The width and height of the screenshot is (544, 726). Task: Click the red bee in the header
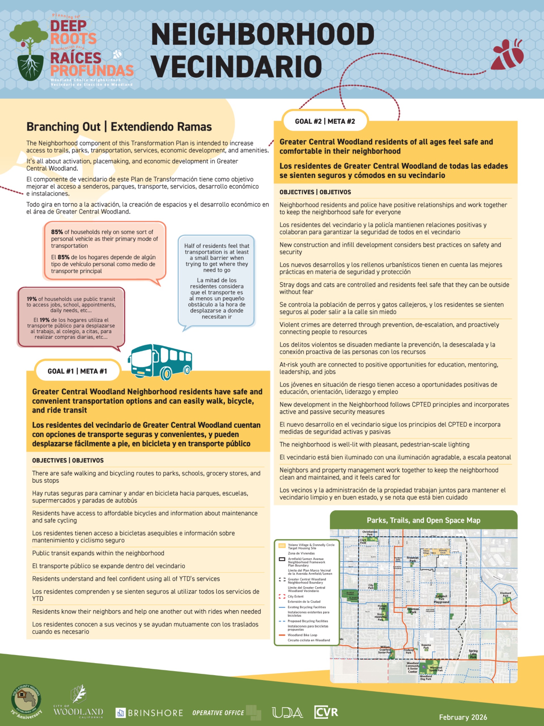[508, 54]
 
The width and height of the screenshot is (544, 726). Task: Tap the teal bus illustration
[161, 361]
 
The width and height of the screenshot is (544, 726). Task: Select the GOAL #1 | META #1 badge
[77, 371]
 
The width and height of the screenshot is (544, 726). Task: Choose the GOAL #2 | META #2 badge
[325, 121]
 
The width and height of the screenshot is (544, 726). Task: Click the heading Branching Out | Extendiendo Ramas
[119, 127]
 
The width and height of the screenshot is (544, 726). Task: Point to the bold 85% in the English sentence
[57, 232]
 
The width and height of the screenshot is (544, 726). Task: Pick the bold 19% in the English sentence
[31, 299]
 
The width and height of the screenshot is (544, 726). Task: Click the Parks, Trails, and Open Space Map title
[423, 520]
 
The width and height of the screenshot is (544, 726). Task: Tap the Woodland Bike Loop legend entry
[302, 635]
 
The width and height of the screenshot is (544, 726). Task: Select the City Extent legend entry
[296, 596]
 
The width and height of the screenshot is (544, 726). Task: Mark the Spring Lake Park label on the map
[473, 654]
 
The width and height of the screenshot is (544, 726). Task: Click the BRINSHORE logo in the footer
[150, 713]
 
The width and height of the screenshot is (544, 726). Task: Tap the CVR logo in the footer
[326, 712]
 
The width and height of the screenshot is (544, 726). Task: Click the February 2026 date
[463, 717]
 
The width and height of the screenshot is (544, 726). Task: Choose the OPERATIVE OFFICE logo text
[218, 713]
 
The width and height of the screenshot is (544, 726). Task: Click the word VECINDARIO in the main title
[236, 66]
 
